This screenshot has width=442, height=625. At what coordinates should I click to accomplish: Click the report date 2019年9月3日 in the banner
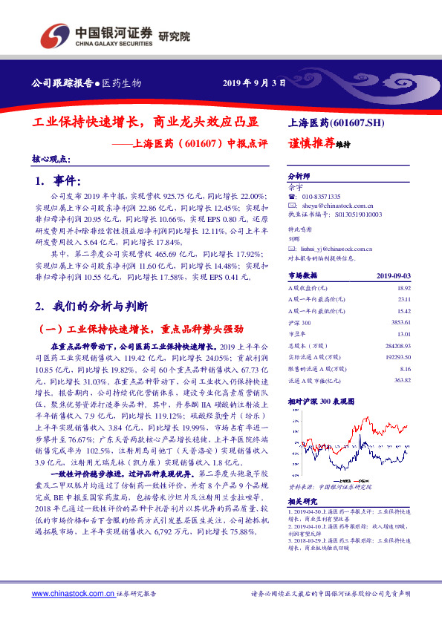point(255,82)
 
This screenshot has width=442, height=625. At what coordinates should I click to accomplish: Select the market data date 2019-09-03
point(394,275)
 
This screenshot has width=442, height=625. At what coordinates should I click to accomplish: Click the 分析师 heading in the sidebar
point(299,177)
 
